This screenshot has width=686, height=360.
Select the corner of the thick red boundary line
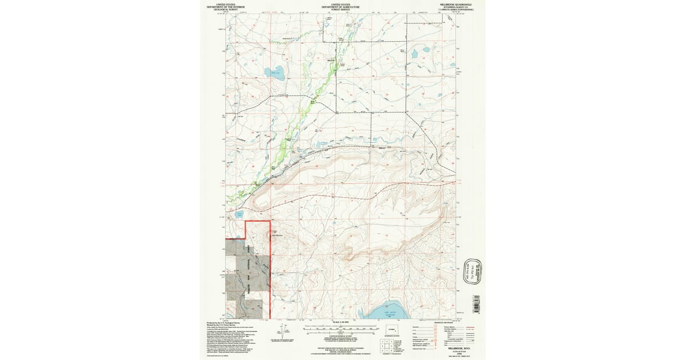tap(246, 221)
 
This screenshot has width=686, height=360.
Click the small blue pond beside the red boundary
tap(239, 215)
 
